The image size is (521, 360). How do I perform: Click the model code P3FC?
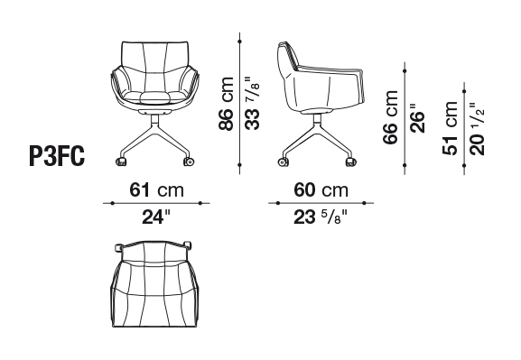tap(57, 156)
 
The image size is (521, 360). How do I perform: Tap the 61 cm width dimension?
tap(156, 190)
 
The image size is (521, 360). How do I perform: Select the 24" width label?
tap(156, 217)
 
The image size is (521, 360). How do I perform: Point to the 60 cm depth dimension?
tap(321, 190)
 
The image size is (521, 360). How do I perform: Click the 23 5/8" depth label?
tap(321, 217)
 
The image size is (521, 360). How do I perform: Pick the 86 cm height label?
tap(227, 103)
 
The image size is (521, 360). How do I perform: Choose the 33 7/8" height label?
tap(252, 103)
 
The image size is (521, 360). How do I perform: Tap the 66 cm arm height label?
tap(390, 117)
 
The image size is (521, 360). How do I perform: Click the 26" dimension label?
tap(418, 118)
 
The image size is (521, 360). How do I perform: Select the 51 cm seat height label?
tap(450, 128)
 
